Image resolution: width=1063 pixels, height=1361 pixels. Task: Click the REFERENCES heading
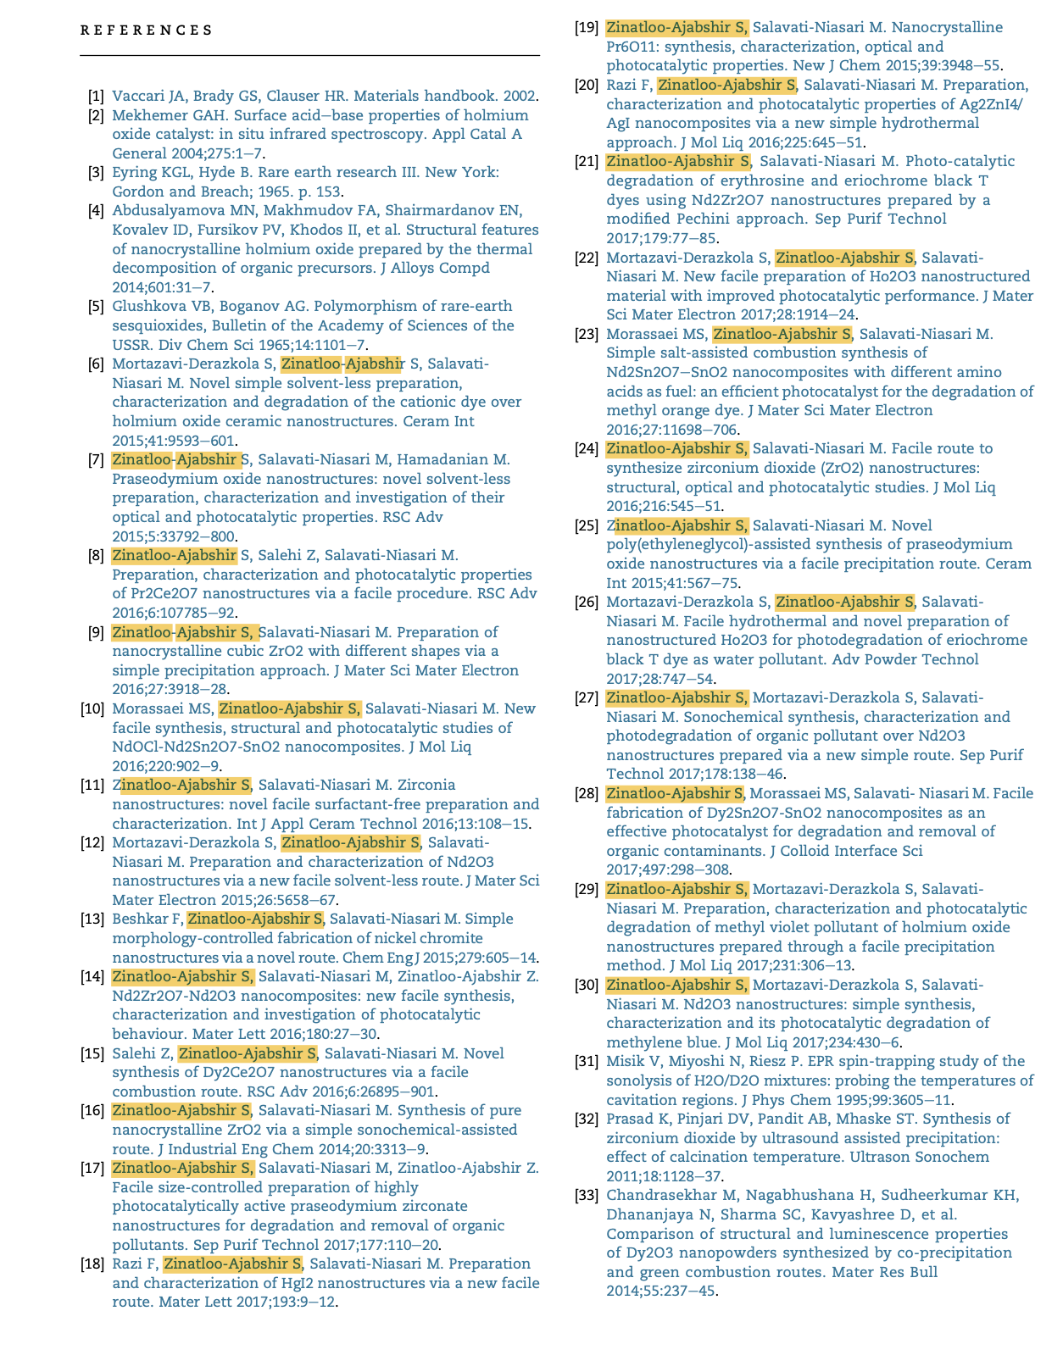[147, 31]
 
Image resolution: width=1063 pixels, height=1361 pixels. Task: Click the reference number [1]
[96, 96]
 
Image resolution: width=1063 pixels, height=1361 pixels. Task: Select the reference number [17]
[92, 1168]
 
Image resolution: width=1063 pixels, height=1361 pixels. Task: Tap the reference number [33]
[587, 1195]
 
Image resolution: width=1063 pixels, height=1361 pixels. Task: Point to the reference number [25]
[587, 525]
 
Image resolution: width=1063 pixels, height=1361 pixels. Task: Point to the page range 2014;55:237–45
[661, 1291]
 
